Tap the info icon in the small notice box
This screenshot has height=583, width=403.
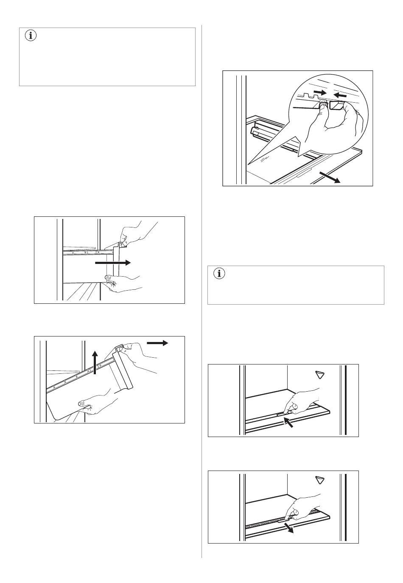click(x=219, y=274)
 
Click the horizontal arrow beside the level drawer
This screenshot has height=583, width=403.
click(x=112, y=263)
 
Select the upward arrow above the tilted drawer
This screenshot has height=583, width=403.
click(x=95, y=363)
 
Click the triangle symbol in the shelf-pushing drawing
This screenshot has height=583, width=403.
click(x=320, y=374)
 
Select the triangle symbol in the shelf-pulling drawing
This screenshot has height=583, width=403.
click(x=320, y=480)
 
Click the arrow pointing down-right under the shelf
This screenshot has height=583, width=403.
click(x=289, y=527)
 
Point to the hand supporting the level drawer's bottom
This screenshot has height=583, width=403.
click(x=123, y=283)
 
